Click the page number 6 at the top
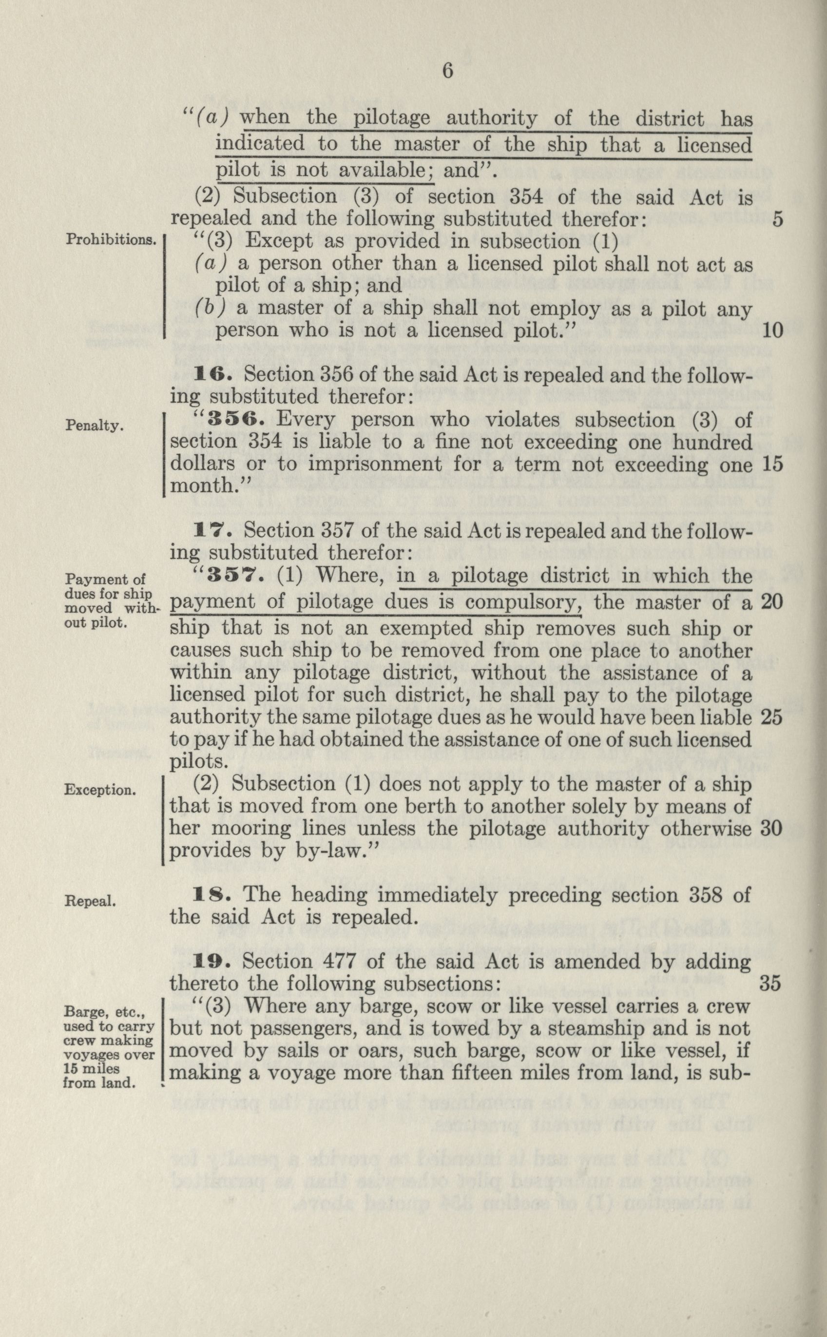point(447,72)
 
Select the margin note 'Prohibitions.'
point(111,240)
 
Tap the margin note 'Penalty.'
point(94,425)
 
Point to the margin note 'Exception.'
point(100,790)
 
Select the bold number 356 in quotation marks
point(240,420)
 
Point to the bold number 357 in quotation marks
point(240,576)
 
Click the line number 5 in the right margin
point(778,219)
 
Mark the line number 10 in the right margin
point(772,330)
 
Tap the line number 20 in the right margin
point(772,602)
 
